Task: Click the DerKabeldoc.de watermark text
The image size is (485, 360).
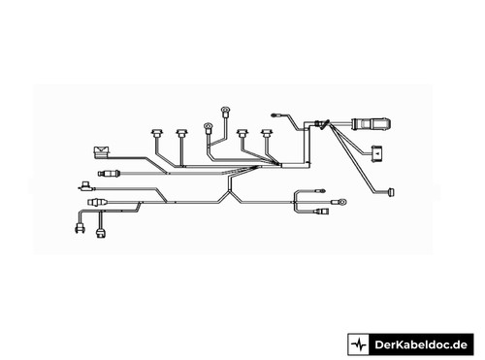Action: pos(421,344)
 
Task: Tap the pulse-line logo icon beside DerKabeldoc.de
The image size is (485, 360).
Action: pos(359,344)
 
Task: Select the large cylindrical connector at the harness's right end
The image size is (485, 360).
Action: pos(372,124)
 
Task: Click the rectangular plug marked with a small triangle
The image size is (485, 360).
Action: pos(377,153)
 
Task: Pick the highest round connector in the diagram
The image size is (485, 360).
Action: pos(225,111)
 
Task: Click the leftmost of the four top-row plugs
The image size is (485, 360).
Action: pos(157,133)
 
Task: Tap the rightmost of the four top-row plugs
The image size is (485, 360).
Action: pos(267,133)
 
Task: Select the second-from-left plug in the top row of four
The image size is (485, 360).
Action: pos(182,133)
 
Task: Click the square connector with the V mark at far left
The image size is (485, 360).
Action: pos(101,152)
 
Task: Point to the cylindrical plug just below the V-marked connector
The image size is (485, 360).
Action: pos(110,174)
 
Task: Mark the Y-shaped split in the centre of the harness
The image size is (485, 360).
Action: pos(230,192)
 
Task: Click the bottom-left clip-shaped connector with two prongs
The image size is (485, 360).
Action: pos(80,228)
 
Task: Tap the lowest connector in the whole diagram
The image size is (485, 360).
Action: pos(101,233)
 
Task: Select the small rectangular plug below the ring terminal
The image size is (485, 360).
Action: pos(322,212)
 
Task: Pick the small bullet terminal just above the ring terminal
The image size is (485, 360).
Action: pos(321,191)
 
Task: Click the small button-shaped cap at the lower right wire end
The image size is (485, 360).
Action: pos(390,192)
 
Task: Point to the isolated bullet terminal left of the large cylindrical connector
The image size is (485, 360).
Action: pos(275,115)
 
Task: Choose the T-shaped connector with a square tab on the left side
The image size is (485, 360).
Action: pos(85,186)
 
